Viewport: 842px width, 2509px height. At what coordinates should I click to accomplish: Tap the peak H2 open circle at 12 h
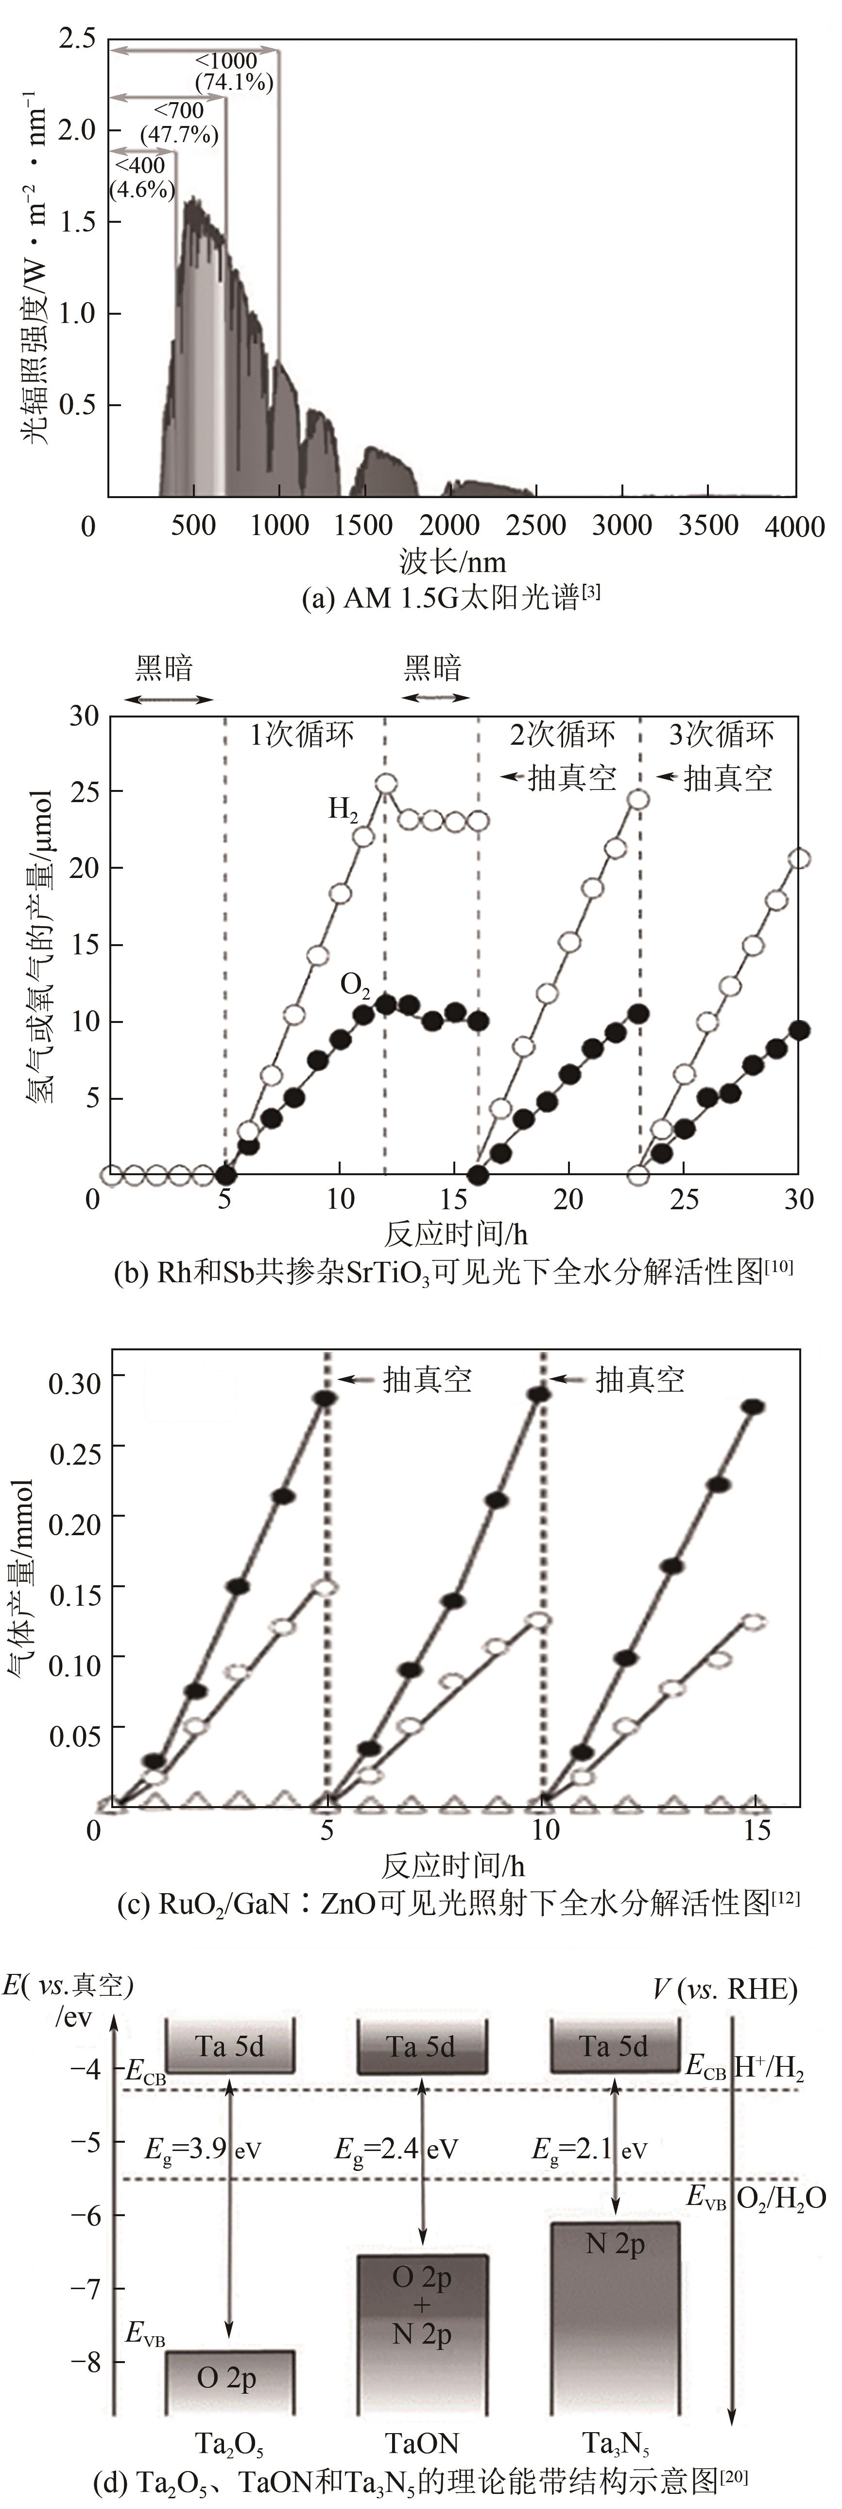click(385, 784)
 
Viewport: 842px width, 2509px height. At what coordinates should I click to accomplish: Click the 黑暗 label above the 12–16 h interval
click(433, 669)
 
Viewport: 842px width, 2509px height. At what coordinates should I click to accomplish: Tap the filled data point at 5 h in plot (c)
click(325, 1398)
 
